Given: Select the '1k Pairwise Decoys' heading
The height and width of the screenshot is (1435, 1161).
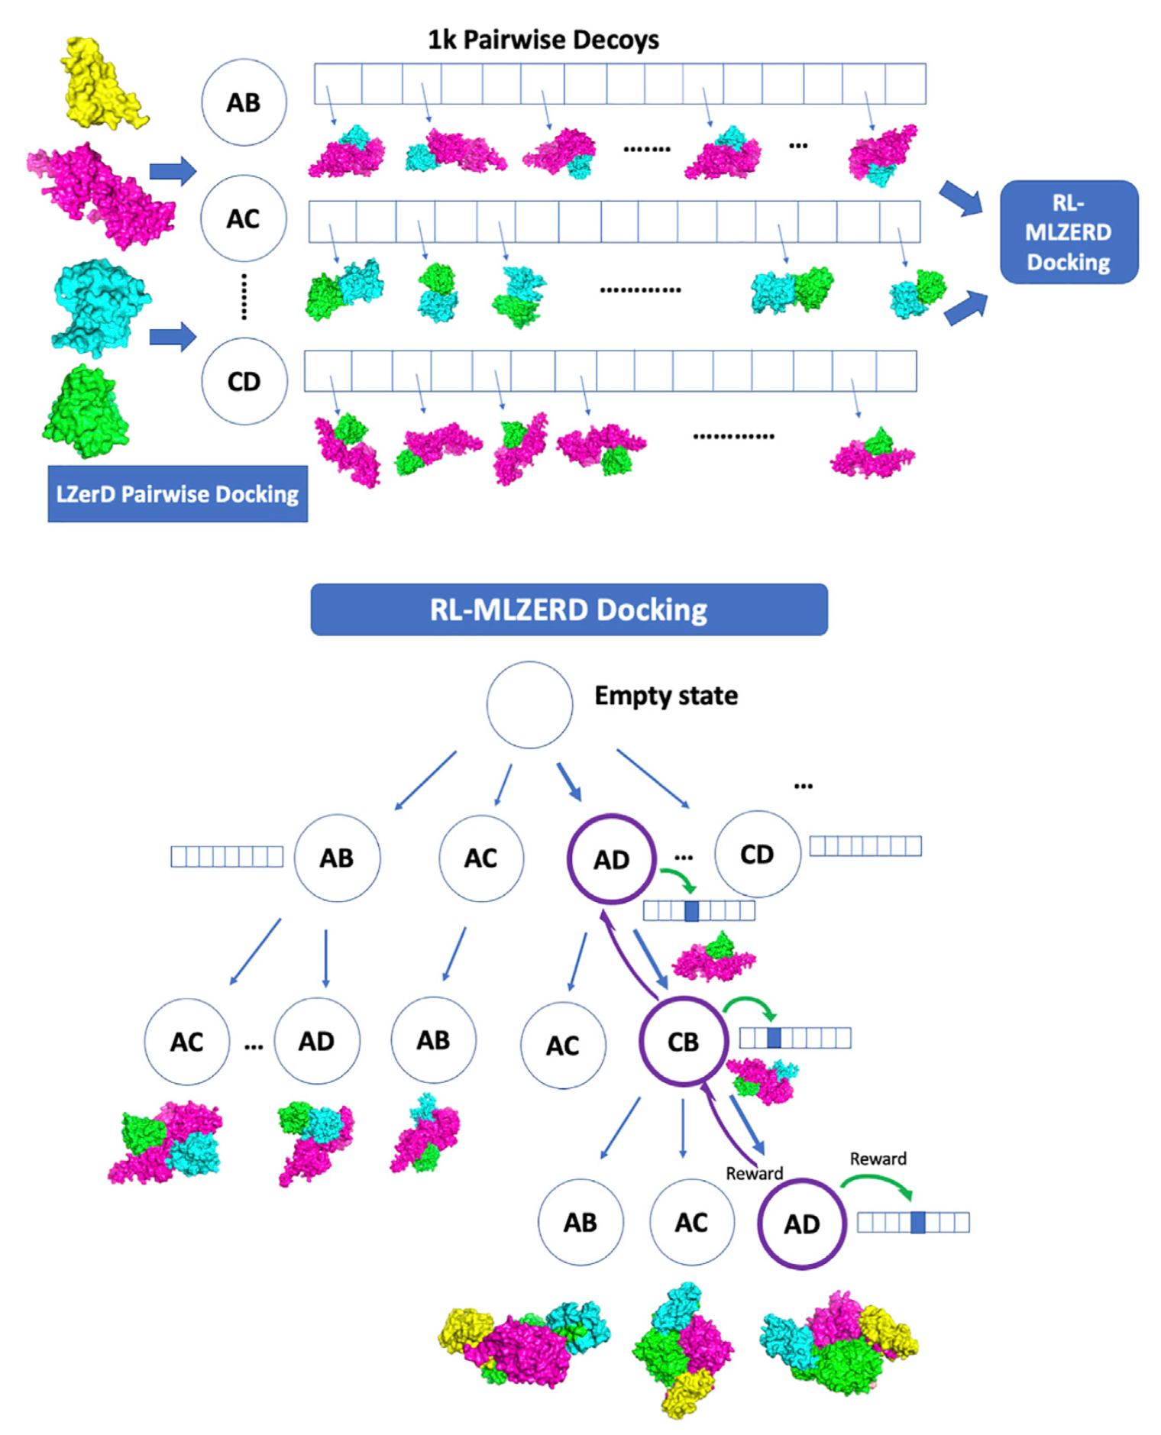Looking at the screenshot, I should pyautogui.click(x=542, y=40).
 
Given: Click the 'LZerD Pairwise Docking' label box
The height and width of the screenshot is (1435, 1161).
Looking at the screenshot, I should pyautogui.click(x=177, y=494).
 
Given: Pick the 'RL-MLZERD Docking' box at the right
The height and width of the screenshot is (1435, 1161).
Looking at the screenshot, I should pyautogui.click(x=1068, y=232).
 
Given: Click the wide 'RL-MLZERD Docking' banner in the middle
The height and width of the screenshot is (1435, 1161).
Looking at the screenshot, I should pyautogui.click(x=568, y=609).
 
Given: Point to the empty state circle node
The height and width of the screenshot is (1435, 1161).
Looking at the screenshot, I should pyautogui.click(x=529, y=704).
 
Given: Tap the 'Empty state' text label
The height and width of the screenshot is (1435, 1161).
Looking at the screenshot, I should pyautogui.click(x=665, y=696).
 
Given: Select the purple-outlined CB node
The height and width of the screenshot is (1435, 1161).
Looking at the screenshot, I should pyautogui.click(x=683, y=1041).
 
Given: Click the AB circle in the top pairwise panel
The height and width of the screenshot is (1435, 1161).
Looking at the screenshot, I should pyautogui.click(x=244, y=102).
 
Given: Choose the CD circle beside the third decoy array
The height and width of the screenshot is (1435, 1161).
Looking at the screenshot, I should pyautogui.click(x=244, y=381).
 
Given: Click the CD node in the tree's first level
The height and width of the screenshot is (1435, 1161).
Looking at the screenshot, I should pyautogui.click(x=757, y=854).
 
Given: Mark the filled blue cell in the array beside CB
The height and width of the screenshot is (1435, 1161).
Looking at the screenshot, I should pyautogui.click(x=773, y=1037).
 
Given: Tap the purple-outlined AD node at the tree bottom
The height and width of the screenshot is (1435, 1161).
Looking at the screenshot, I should pyautogui.click(x=801, y=1224).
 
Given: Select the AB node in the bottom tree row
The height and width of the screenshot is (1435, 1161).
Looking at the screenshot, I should pyautogui.click(x=580, y=1222).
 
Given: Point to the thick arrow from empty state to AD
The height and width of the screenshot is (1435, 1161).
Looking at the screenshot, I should pyautogui.click(x=569, y=781).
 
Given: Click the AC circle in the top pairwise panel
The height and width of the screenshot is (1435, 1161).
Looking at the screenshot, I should pyautogui.click(x=243, y=218).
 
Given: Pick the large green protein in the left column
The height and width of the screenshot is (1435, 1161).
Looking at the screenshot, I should pyautogui.click(x=86, y=412).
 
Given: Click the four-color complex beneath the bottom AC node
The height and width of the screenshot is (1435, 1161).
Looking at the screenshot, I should pyautogui.click(x=682, y=1348).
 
